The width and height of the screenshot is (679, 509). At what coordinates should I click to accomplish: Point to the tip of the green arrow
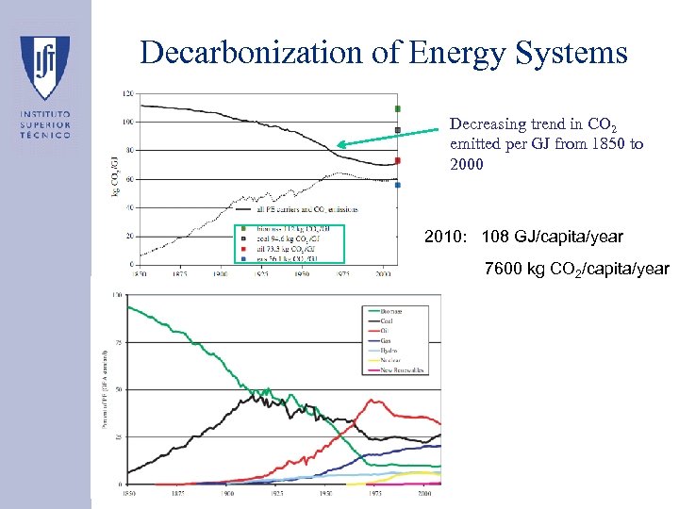(x=340, y=145)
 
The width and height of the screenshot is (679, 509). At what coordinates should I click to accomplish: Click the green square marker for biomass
(x=398, y=108)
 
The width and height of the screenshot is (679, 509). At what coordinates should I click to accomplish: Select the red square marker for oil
(x=398, y=160)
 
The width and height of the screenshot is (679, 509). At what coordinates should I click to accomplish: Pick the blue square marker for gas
(x=398, y=185)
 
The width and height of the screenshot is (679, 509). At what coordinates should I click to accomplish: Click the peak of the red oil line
(x=374, y=401)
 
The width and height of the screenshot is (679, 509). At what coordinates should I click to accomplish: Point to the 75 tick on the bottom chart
(x=118, y=342)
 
